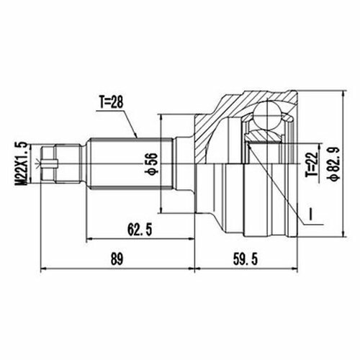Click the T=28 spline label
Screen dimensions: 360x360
point(111,102)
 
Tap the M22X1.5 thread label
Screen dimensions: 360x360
point(21,163)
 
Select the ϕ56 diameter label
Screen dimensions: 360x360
point(153,163)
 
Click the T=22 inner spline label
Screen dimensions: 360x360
point(311,164)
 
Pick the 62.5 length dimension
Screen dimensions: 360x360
point(140,229)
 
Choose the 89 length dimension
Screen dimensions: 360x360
point(117,259)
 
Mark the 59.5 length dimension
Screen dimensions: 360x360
point(246,259)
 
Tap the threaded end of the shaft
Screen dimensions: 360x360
point(60,163)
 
